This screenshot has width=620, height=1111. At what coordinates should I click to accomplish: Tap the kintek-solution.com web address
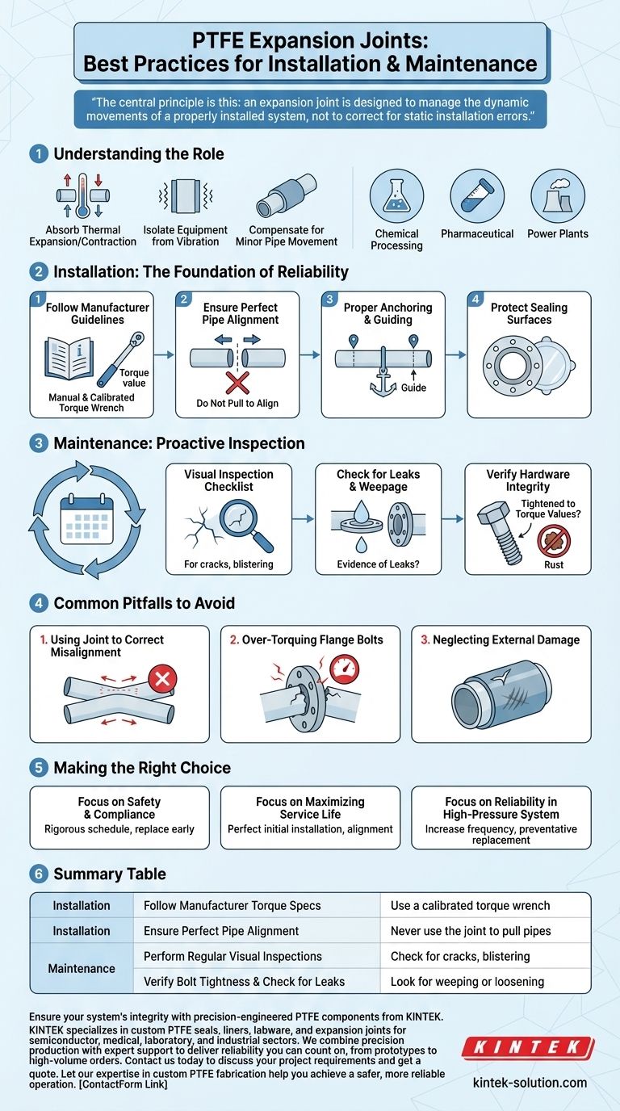pyautogui.click(x=529, y=1082)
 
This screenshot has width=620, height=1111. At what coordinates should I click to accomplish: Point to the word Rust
pyautogui.click(x=554, y=564)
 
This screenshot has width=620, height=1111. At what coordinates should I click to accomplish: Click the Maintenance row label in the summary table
pyautogui.click(x=82, y=968)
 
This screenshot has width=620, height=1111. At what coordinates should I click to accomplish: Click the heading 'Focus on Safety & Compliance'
pyautogui.click(x=119, y=808)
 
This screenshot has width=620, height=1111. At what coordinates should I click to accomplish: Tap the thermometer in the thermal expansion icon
pyautogui.click(x=78, y=195)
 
